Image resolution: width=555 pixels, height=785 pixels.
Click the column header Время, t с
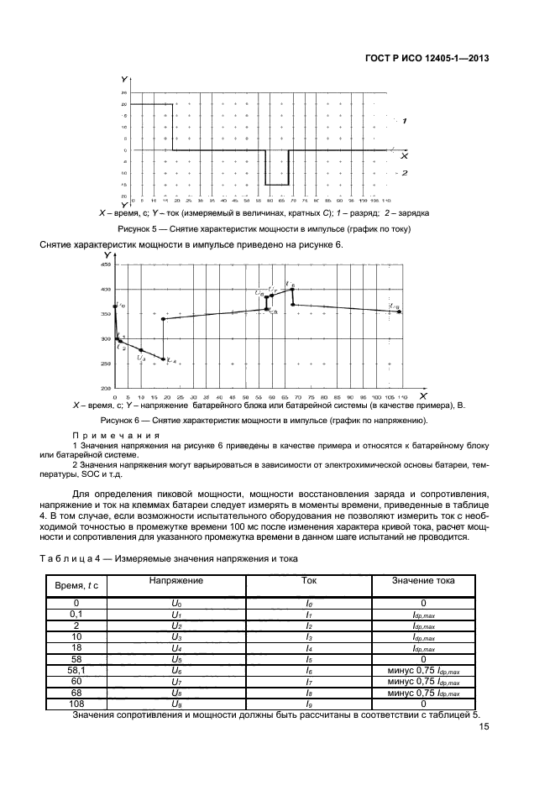pyautogui.click(x=76, y=584)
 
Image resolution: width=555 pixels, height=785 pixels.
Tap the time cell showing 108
pyautogui.click(x=76, y=704)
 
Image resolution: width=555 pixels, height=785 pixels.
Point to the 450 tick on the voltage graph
pyautogui.click(x=106, y=264)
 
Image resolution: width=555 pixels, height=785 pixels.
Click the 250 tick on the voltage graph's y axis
pyautogui.click(x=106, y=364)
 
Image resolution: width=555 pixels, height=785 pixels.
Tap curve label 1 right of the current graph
pyautogui.click(x=405, y=121)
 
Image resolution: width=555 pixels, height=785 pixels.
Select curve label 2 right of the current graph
pyautogui.click(x=405, y=172)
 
